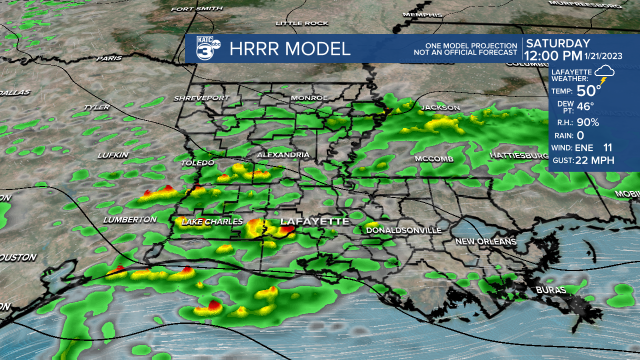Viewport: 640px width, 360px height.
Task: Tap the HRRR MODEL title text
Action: [290, 49]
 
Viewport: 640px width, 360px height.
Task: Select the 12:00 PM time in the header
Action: [554, 55]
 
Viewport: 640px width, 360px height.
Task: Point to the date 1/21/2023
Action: [604, 56]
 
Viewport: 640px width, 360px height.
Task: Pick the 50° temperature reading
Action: [589, 91]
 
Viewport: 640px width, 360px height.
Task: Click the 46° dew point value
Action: [585, 106]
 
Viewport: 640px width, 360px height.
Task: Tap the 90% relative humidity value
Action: [587, 122]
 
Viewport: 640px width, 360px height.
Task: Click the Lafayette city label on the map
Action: [314, 221]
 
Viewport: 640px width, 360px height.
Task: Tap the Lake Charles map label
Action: [212, 221]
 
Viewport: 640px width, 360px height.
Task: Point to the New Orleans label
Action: [485, 241]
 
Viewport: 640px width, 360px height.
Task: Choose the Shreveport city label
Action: [201, 98]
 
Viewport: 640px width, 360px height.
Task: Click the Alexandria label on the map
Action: [283, 155]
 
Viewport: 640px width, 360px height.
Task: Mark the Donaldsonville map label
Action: [404, 230]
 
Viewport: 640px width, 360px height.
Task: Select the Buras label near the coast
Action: [550, 290]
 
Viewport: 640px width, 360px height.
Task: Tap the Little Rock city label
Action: [302, 23]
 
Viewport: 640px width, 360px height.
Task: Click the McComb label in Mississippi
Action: [434, 159]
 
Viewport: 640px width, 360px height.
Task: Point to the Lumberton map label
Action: [130, 219]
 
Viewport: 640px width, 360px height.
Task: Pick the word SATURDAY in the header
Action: [558, 43]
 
